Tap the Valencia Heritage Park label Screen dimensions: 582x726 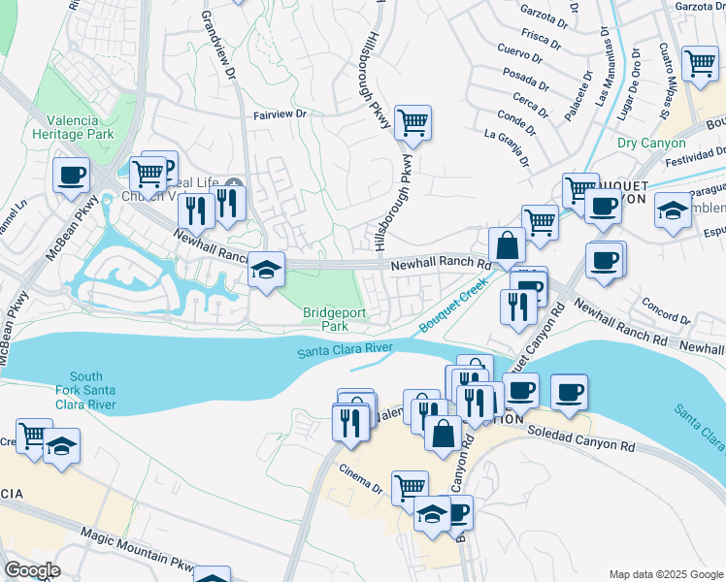pyautogui.click(x=73, y=127)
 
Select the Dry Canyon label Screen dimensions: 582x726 pyautogui.click(x=651, y=143)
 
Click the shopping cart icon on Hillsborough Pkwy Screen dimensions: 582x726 pyautogui.click(x=412, y=123)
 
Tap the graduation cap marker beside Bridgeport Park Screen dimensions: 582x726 pyautogui.click(x=265, y=271)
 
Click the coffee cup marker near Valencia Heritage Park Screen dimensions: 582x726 pyautogui.click(x=71, y=176)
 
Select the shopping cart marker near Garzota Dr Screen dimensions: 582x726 pyautogui.click(x=700, y=64)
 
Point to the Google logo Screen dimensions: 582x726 pyautogui.click(x=31, y=570)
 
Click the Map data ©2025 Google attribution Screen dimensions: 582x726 pyautogui.click(x=666, y=574)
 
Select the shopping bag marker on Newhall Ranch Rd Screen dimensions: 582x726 pyautogui.click(x=508, y=246)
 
